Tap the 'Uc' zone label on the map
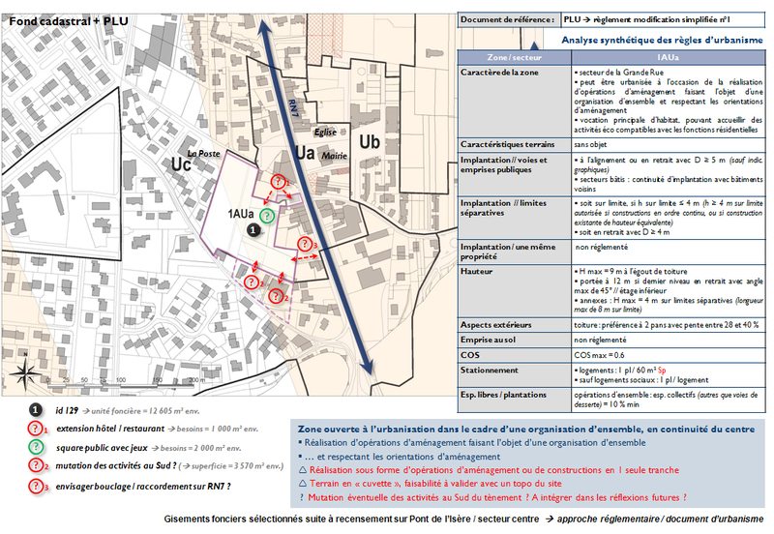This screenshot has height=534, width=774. click(181, 164)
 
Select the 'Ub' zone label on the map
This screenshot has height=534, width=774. click(369, 141)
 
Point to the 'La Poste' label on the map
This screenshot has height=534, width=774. click(205, 153)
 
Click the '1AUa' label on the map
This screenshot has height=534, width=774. click(242, 212)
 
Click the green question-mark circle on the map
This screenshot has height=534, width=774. click(265, 216)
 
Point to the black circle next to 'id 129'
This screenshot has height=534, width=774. click(34, 410)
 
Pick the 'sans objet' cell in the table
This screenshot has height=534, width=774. click(590, 142)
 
